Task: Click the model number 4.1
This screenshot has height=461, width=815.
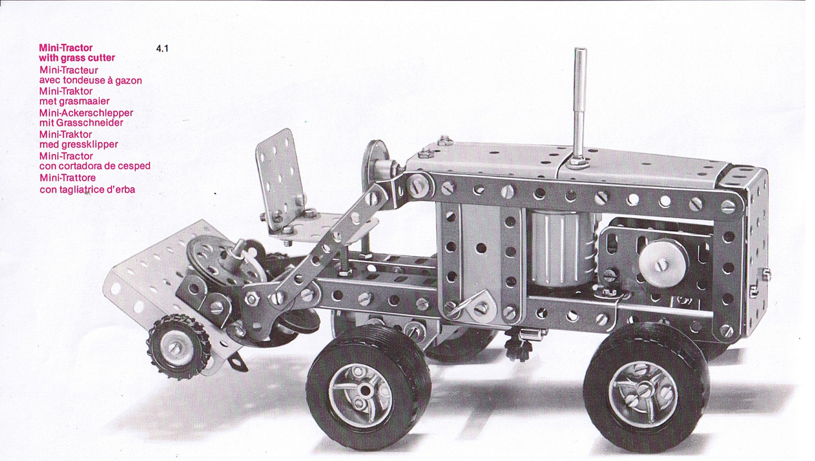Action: point(162,48)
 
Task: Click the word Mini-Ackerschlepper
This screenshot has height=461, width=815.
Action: point(86,113)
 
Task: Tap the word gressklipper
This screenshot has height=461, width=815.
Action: point(90,145)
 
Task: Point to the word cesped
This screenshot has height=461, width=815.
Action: point(134,166)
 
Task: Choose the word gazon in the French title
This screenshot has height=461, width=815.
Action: point(128,81)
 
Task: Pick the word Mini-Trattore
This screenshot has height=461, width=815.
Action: point(67,178)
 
